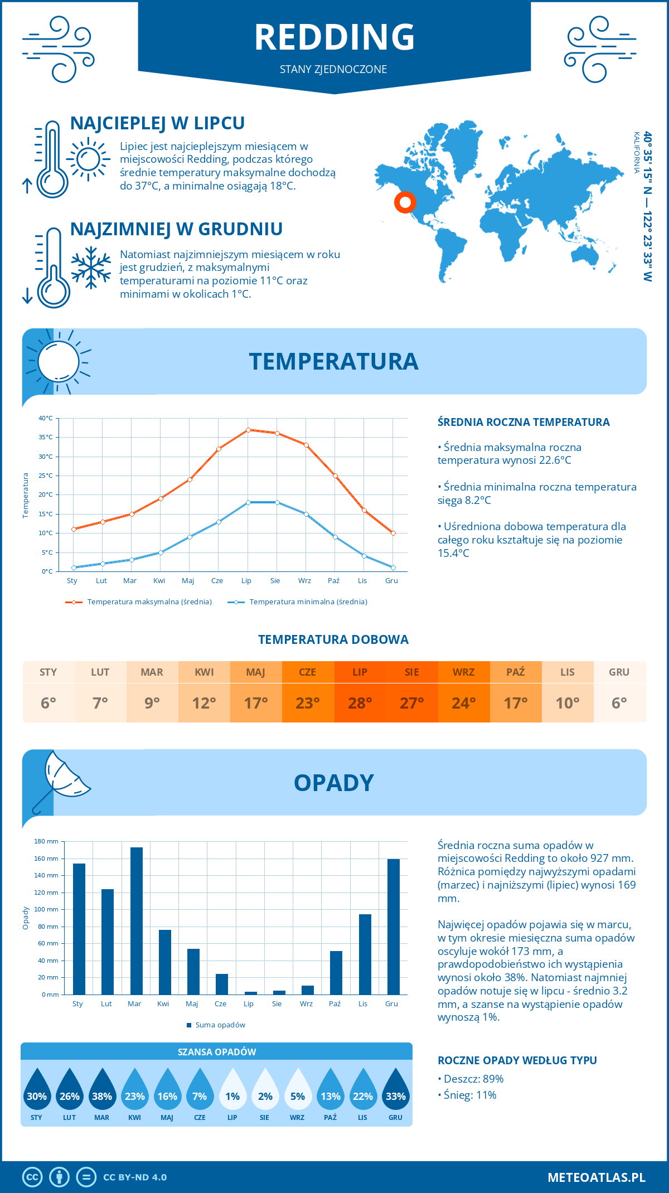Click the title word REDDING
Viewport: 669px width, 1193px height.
point(334,37)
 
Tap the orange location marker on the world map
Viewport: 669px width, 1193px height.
point(405,202)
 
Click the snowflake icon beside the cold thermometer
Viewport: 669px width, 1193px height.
point(91,268)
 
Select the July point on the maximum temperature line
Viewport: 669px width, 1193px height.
point(248,430)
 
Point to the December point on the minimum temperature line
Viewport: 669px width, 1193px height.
point(393,568)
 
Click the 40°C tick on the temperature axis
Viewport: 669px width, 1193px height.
point(46,418)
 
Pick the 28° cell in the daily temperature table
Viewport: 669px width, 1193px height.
point(360,703)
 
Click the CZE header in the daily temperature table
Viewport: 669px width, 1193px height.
point(308,672)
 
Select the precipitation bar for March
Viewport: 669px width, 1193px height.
point(136,921)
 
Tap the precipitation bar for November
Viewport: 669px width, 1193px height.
point(365,954)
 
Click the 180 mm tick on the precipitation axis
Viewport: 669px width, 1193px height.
point(46,841)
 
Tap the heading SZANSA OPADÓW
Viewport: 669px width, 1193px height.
point(217,1052)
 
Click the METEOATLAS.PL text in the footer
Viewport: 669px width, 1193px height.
point(597,1177)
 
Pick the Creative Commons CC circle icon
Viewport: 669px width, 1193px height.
point(32,1177)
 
